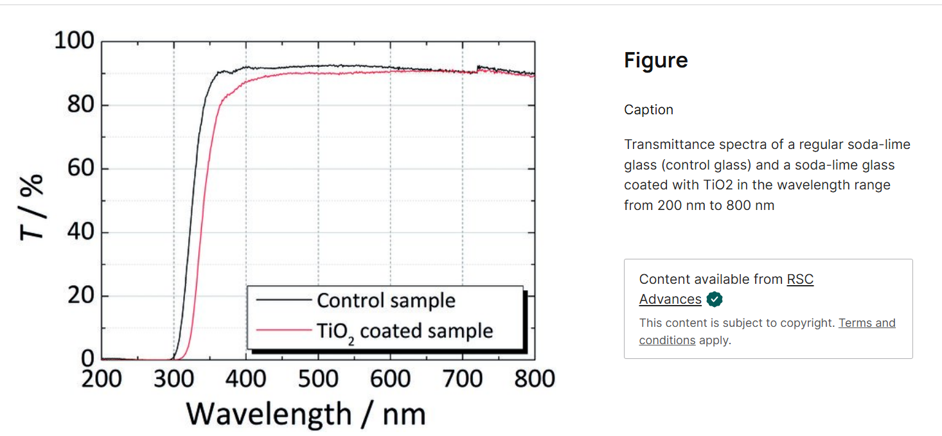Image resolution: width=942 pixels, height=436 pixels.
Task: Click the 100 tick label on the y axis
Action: tap(74, 41)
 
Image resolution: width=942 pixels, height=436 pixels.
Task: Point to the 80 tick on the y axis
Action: tap(80, 105)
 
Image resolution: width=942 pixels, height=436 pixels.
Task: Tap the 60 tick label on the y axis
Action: tap(80, 168)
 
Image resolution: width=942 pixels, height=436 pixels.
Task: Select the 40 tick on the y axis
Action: tap(80, 232)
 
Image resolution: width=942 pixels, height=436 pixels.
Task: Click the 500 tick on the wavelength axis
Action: tap(319, 378)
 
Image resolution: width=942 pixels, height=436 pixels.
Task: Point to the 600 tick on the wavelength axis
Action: tap(391, 378)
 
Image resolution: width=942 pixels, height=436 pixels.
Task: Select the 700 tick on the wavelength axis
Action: tap(463, 378)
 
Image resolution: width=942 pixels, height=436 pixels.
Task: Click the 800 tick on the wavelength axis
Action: tap(535, 378)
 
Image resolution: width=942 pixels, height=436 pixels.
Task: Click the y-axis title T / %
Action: tap(32, 206)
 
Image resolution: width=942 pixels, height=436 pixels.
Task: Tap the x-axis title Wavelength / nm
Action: tap(306, 414)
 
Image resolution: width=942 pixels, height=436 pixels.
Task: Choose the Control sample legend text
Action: tap(386, 301)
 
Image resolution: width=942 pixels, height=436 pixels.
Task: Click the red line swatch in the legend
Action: tap(283, 331)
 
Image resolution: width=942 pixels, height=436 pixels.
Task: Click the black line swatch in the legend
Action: tap(283, 300)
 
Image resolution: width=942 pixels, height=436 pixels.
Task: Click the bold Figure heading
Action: tap(655, 60)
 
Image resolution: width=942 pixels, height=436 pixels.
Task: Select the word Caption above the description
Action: tap(648, 110)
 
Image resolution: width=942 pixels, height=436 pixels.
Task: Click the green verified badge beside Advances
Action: tap(714, 299)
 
